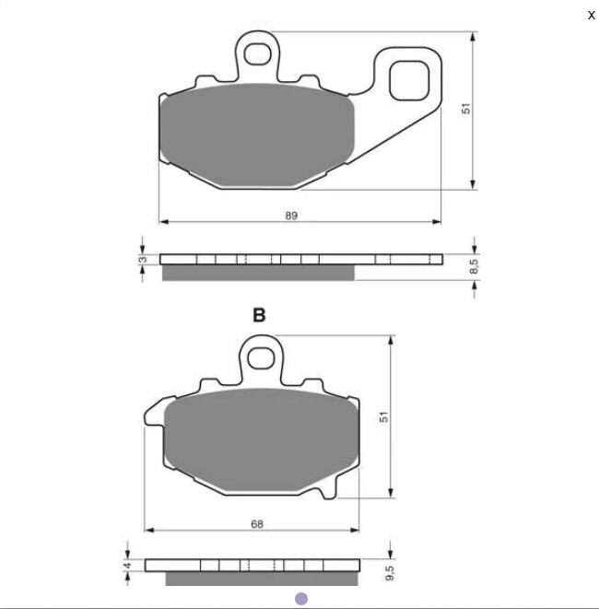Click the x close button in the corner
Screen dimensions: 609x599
[x=591, y=15]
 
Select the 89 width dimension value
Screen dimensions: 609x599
[x=291, y=215]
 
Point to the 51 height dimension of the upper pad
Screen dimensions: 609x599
[x=467, y=109]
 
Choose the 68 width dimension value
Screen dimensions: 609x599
[x=257, y=523]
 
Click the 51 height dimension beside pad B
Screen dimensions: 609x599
[x=387, y=416]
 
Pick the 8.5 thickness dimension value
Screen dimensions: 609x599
[x=473, y=266]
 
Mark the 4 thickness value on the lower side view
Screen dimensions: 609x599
[x=127, y=565]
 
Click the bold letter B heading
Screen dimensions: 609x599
[x=259, y=315]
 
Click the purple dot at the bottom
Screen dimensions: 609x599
[x=300, y=599]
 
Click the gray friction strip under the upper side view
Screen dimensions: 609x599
[x=258, y=273]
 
